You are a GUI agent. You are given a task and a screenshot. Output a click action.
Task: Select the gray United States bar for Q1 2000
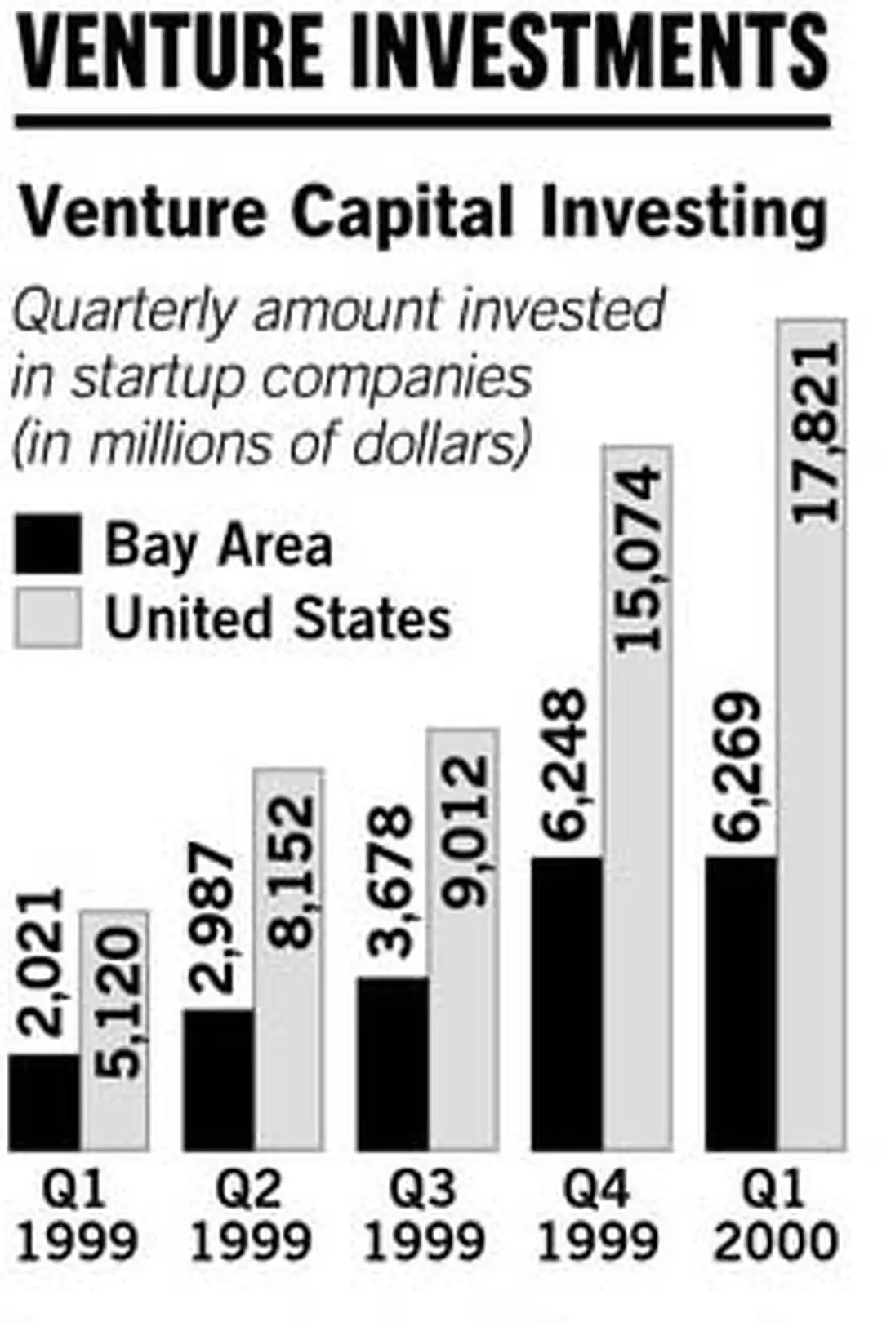pos(811,816)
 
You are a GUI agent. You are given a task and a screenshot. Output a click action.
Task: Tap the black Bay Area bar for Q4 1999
pos(567,1004)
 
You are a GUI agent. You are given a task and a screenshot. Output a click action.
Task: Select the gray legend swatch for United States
pos(48,618)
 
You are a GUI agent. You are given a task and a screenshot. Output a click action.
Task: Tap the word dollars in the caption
pos(457,443)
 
